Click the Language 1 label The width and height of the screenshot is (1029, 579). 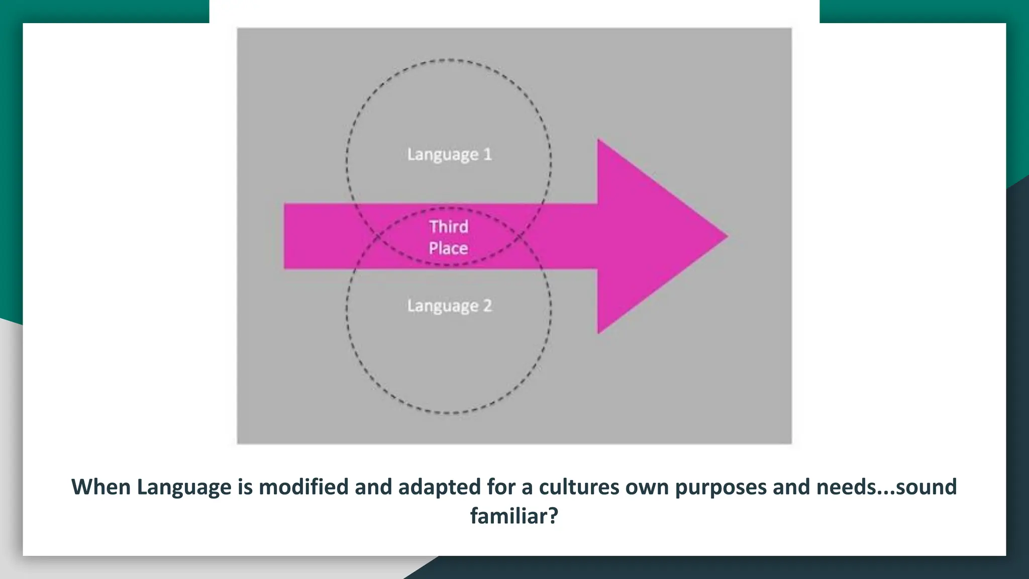pyautogui.click(x=449, y=154)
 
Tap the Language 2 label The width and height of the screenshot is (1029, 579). pyautogui.click(x=449, y=306)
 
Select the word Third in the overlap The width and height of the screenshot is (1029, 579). pyautogui.click(x=449, y=227)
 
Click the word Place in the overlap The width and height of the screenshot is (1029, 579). pyautogui.click(x=448, y=248)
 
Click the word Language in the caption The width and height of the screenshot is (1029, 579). pyautogui.click(x=184, y=487)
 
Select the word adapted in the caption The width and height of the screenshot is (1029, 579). pyautogui.click(x=440, y=488)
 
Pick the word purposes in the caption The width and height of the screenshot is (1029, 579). pyautogui.click(x=721, y=488)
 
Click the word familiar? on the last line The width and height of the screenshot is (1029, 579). pyautogui.click(x=514, y=516)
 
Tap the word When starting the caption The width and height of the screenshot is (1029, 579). pyautogui.click(x=101, y=487)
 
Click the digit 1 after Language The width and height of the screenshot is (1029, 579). pyautogui.click(x=487, y=154)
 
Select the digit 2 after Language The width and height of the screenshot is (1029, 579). pyautogui.click(x=487, y=305)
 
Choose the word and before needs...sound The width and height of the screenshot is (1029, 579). pyautogui.click(x=791, y=487)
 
